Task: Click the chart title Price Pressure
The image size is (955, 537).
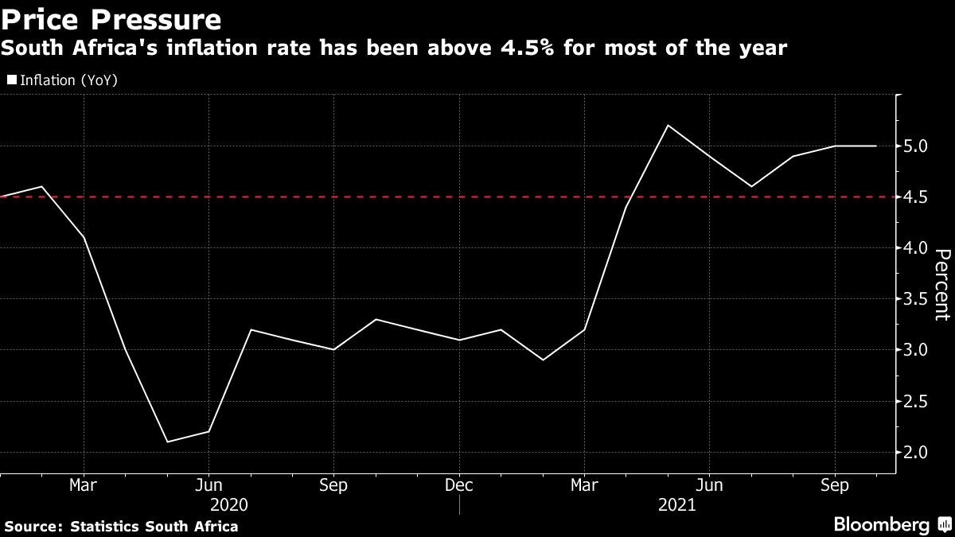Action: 111,18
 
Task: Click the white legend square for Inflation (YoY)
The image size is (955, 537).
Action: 11,80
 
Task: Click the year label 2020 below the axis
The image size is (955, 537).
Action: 229,505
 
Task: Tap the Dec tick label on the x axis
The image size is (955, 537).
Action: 459,485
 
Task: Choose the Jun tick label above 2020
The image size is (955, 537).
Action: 209,485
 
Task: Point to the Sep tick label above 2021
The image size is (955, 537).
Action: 835,485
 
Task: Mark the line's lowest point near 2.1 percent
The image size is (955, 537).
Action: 166,442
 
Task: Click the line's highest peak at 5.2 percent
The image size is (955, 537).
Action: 667,126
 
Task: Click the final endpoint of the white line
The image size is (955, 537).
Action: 876,146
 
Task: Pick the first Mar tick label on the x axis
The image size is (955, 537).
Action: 84,485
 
